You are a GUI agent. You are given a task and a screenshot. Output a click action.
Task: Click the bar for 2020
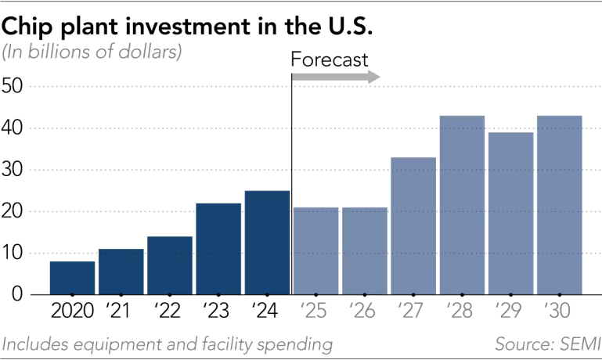click(72, 278)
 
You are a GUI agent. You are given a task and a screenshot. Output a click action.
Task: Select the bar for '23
click(218, 249)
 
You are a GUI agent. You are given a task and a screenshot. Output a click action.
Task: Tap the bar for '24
click(267, 243)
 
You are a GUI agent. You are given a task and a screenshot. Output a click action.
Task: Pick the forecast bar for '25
click(315, 250)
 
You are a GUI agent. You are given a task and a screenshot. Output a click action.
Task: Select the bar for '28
click(462, 205)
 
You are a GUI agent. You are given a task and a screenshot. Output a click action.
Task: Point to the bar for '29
click(510, 213)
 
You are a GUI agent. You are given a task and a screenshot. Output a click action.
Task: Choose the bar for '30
click(559, 205)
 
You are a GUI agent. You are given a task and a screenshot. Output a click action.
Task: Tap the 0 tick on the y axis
click(16, 295)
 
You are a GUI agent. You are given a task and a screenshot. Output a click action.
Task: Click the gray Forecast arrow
click(336, 77)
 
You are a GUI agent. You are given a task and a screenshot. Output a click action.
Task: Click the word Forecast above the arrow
click(329, 59)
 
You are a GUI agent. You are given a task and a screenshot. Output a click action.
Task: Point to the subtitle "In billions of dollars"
click(92, 53)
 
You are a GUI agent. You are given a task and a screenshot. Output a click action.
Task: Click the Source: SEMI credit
click(546, 344)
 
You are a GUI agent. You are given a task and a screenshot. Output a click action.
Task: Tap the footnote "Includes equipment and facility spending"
click(168, 344)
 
